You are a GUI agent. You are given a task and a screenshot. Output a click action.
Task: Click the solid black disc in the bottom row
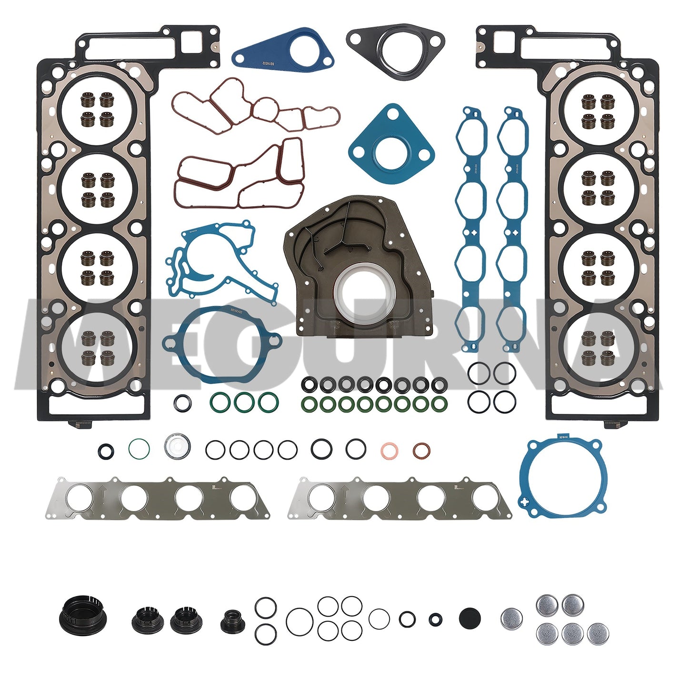(x=470, y=618)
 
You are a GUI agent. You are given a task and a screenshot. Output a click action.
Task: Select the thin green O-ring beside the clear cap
(x=139, y=448)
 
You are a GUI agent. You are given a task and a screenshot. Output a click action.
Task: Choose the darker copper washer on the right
(x=421, y=450)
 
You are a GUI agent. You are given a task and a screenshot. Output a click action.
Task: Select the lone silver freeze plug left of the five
(x=512, y=618)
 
